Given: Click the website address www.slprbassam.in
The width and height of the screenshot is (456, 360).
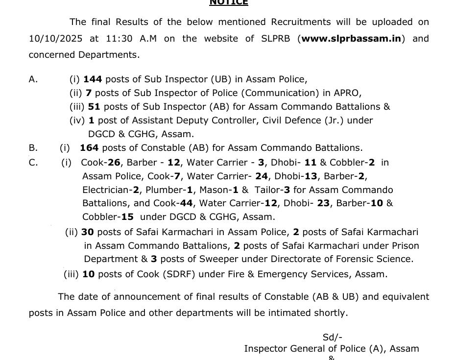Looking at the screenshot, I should pos(351,38).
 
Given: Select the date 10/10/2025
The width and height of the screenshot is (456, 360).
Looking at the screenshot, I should pos(55,38).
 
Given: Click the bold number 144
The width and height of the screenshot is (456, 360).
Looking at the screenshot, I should pos(93,79).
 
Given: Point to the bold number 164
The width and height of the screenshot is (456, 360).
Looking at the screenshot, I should pos(89,147).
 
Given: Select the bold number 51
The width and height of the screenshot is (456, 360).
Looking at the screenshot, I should pos(94,106).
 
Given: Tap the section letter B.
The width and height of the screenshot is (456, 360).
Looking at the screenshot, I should pos(33,147).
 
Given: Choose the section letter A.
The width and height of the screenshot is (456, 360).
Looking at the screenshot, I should pos(33,79).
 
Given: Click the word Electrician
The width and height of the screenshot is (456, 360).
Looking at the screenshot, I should pos(106,190).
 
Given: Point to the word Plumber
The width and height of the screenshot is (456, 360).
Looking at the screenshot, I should pos(160,190).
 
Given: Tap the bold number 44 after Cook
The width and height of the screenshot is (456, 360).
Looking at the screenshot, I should pos(186,203).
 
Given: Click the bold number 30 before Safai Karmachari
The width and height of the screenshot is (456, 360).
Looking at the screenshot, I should pos(88,232).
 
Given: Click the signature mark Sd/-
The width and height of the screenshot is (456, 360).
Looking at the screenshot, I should pos(332,337).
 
